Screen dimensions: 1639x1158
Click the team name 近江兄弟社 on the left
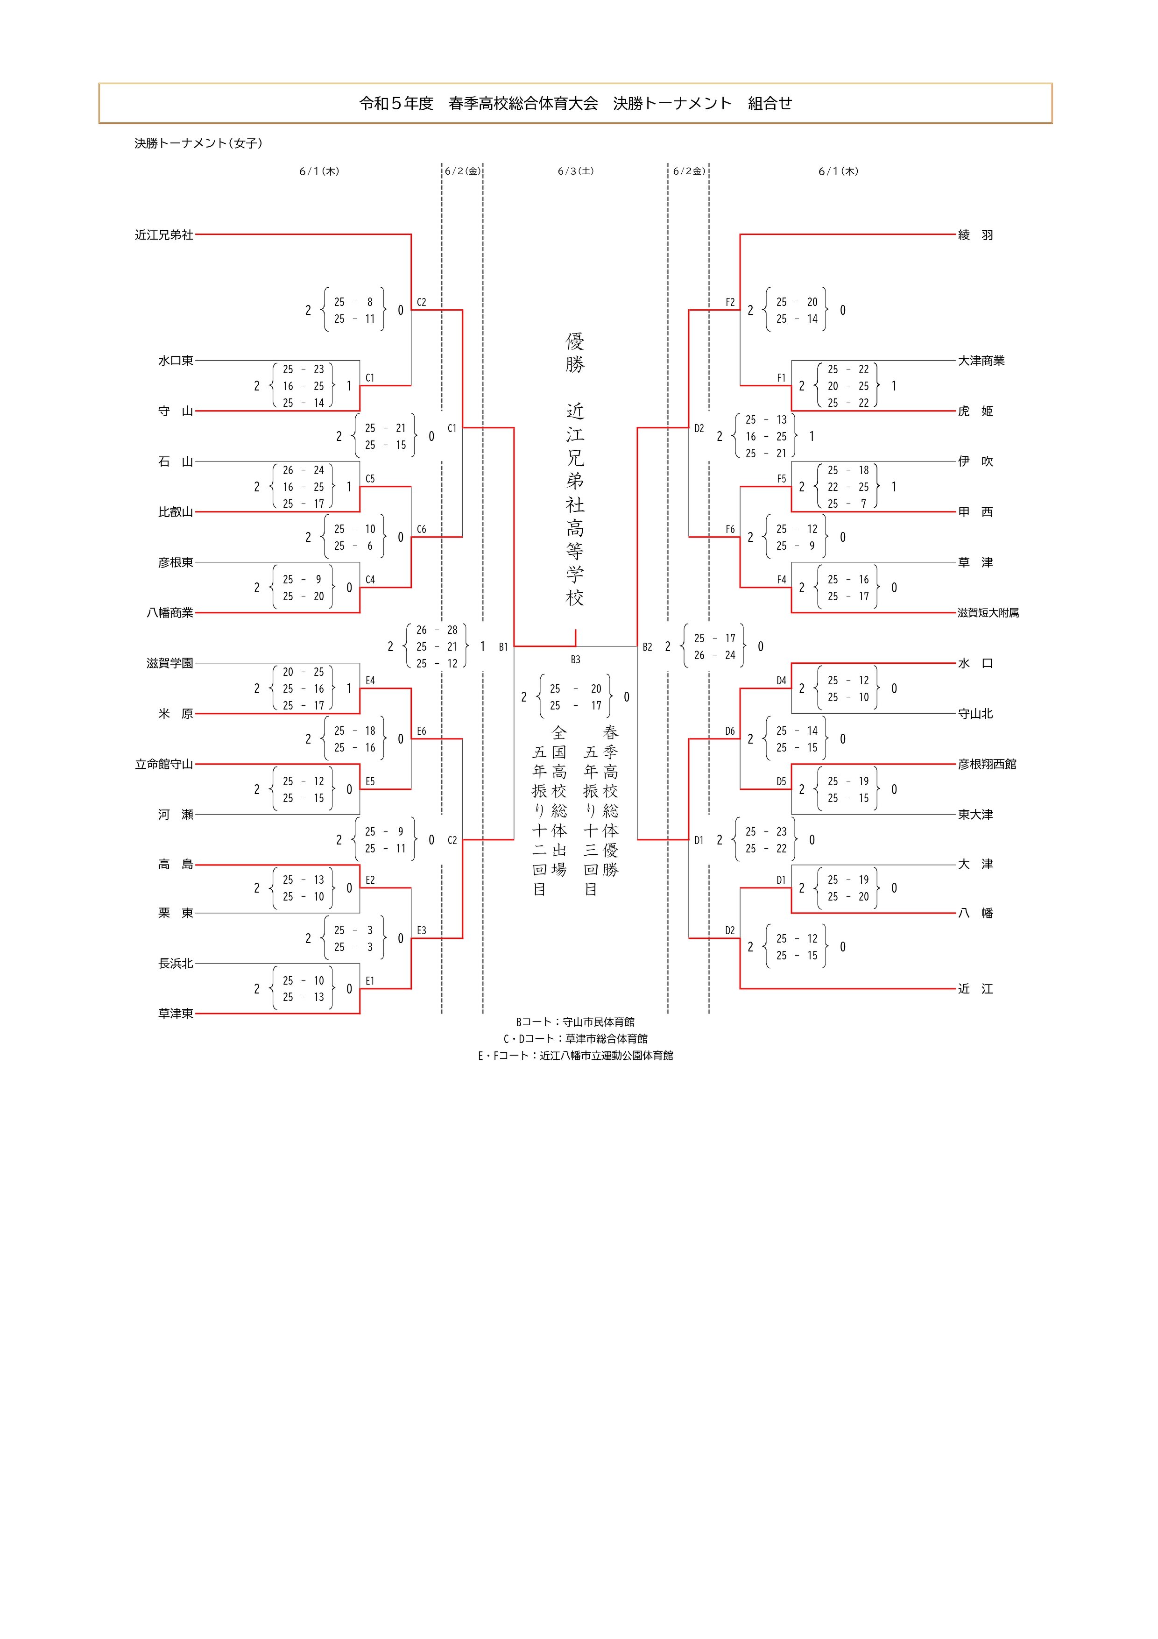[164, 235]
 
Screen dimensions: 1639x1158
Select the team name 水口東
[176, 361]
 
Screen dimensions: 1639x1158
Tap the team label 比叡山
[176, 512]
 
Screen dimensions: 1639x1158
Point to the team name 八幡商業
[170, 612]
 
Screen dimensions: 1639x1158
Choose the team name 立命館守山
[164, 764]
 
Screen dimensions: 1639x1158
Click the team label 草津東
[176, 1013]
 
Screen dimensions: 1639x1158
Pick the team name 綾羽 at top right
[975, 235]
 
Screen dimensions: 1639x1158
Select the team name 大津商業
[981, 361]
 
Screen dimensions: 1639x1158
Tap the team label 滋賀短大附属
[988, 612]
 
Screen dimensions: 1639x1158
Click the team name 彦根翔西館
[987, 764]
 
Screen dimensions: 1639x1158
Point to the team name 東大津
[975, 815]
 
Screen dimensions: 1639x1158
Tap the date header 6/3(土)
[576, 171]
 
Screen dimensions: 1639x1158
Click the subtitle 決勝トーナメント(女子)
[198, 143]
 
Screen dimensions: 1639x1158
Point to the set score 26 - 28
[437, 630]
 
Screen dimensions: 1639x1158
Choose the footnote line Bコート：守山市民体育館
[575, 1022]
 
